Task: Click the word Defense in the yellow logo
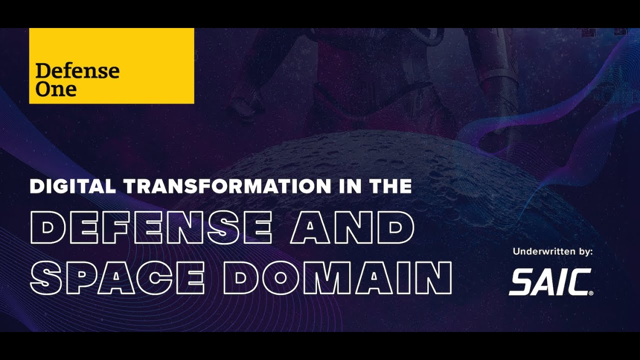77,71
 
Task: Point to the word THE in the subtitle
390,186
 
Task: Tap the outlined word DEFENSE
151,228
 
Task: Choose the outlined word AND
352,228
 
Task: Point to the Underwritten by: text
552,252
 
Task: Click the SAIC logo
550,282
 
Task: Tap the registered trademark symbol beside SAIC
591,293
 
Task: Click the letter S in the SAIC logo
521,282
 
